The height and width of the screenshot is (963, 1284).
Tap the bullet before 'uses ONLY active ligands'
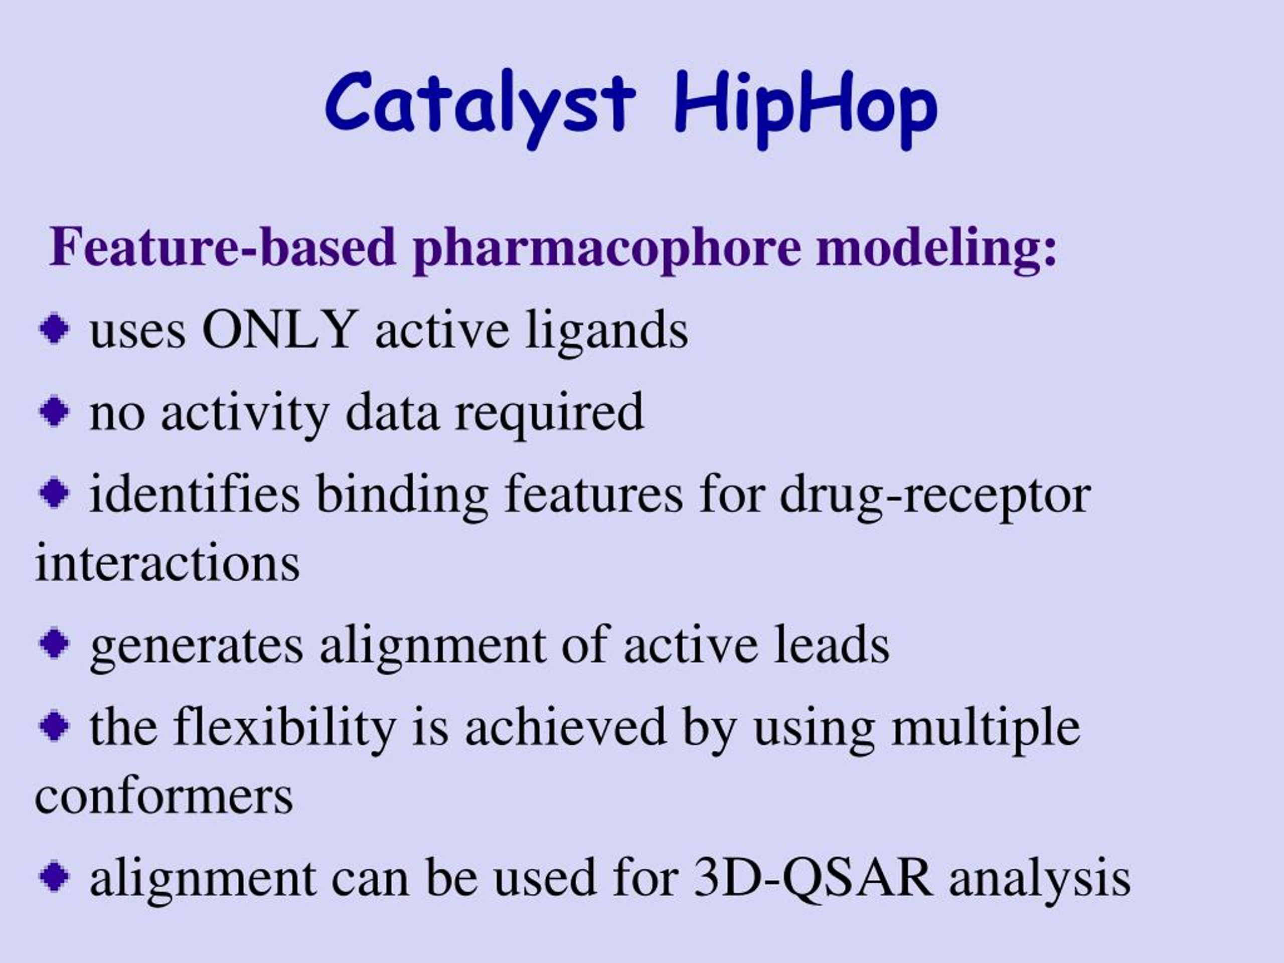coord(54,329)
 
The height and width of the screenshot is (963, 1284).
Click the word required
coord(549,414)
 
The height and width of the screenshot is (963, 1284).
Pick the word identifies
coord(195,493)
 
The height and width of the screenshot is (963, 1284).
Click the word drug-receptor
coord(935,497)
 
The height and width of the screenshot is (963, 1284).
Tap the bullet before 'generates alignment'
coord(54,643)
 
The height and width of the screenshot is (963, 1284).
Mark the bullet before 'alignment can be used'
coord(54,876)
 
